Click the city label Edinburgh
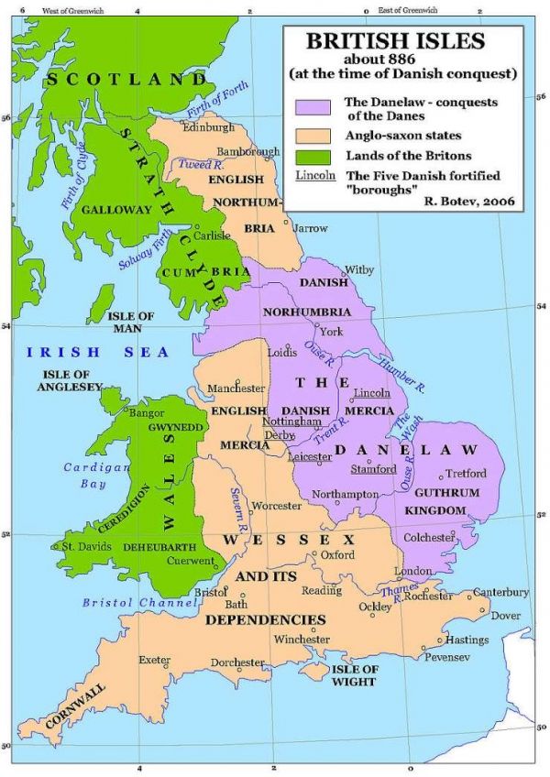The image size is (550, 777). click(210, 127)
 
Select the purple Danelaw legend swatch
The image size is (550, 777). click(312, 107)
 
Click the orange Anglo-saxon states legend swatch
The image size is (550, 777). click(312, 136)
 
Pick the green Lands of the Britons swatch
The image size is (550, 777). click(312, 155)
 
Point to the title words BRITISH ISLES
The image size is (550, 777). click(403, 40)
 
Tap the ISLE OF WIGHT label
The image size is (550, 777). click(354, 675)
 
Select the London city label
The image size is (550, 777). click(412, 571)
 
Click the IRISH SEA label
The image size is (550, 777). click(98, 352)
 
